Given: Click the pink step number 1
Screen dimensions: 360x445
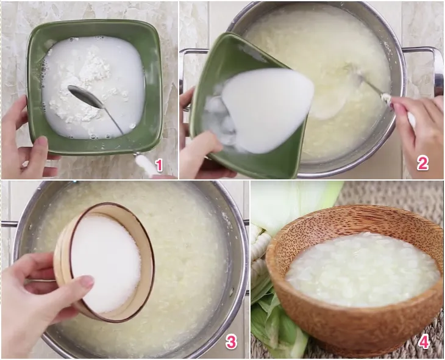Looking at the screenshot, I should click(x=159, y=165).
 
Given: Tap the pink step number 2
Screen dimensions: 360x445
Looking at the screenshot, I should click(x=422, y=164).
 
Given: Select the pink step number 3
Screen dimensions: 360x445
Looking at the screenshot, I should click(x=231, y=342).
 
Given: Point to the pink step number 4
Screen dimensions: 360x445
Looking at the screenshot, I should click(x=424, y=342).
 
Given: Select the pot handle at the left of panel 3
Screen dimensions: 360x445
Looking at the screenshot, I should click(x=9, y=224).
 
